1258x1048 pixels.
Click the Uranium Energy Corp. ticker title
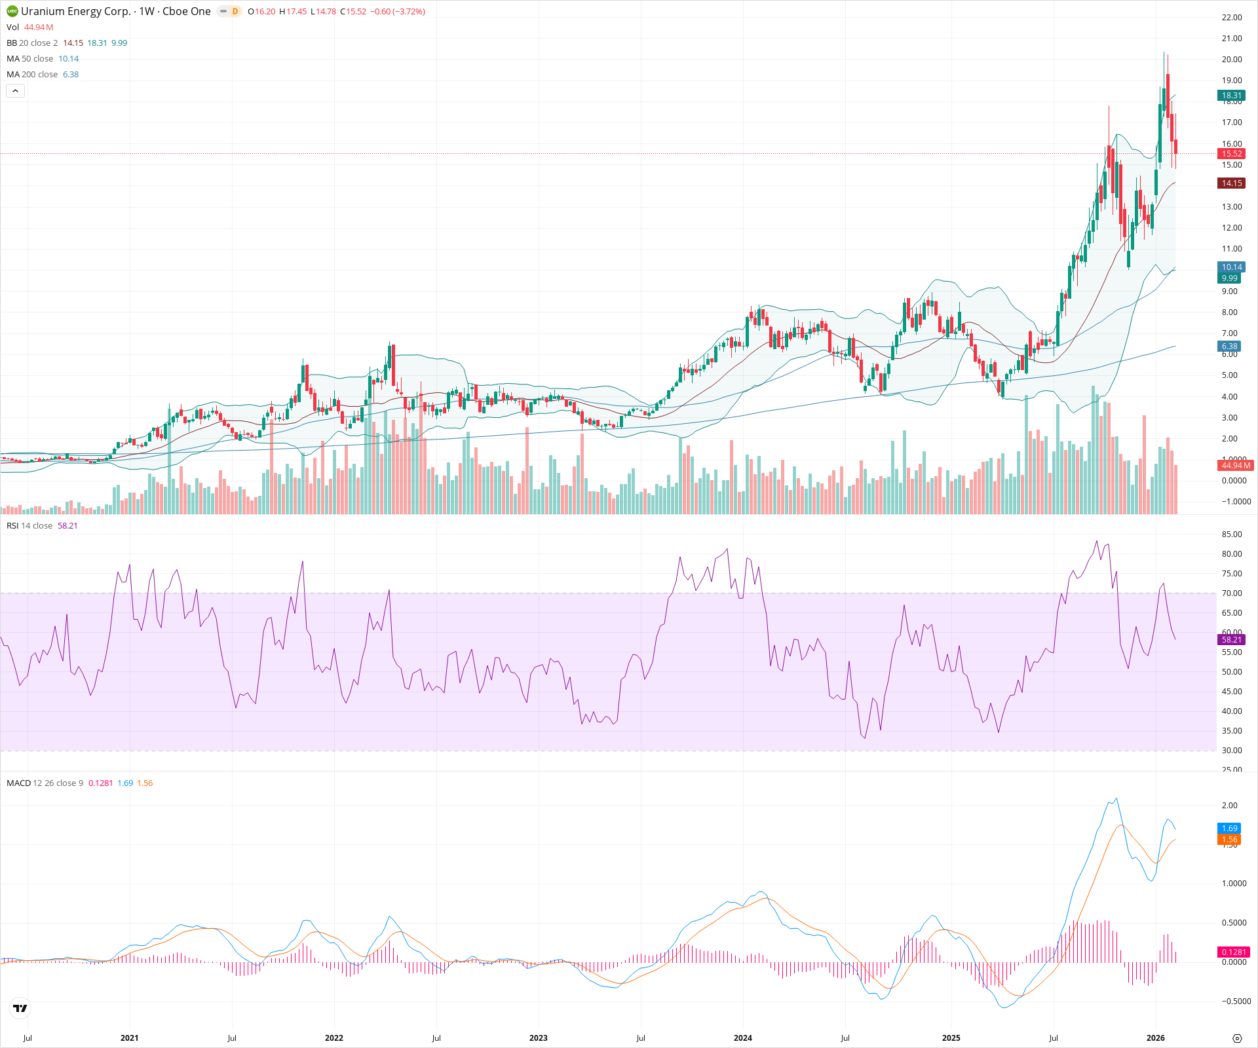pos(75,11)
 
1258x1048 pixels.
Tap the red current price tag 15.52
pos(1231,154)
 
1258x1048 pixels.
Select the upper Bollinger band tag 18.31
pos(1231,96)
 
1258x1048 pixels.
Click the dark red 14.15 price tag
pos(1231,183)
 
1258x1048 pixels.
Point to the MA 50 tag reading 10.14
pos(1231,267)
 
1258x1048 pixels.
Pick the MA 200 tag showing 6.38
pos(1229,346)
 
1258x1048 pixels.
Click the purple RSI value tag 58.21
pos(1231,639)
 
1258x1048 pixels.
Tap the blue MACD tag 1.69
pos(1229,829)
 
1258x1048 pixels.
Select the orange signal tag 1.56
pos(1229,840)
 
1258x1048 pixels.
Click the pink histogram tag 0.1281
pos(1234,952)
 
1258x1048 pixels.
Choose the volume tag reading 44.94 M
pos(1235,466)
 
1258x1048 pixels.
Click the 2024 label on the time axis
pos(742,1038)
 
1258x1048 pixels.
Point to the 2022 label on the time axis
pos(334,1038)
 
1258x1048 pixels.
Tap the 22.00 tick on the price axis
pos(1231,18)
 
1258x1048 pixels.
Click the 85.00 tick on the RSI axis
pos(1231,534)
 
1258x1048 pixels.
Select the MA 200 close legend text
pos(32,75)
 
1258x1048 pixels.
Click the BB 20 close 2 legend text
pos(32,43)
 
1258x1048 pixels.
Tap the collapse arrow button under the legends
pos(15,91)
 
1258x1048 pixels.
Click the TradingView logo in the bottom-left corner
pos(20,1008)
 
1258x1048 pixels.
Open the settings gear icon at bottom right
pos(1237,1038)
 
